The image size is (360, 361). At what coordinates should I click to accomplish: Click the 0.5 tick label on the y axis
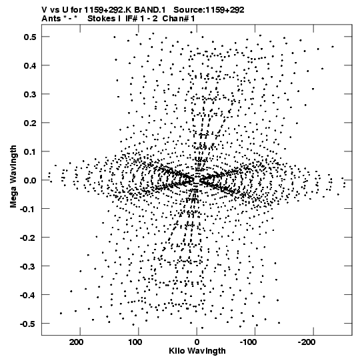coord(30,37)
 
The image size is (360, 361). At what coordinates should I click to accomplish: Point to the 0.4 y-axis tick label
coord(30,65)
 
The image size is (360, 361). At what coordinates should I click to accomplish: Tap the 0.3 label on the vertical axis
coord(30,94)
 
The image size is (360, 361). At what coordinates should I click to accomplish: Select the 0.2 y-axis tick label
coord(30,123)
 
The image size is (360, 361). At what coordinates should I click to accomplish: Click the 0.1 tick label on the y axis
coord(30,151)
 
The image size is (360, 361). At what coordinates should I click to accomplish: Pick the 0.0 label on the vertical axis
coord(30,180)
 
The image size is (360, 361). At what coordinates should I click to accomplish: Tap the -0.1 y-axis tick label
coord(28,209)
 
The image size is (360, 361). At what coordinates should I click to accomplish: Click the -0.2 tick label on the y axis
coord(28,238)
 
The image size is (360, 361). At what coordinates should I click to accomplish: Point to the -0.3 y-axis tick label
coord(28,266)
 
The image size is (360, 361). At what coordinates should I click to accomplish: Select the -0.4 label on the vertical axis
coord(28,295)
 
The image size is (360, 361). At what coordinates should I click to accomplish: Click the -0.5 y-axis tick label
coord(28,324)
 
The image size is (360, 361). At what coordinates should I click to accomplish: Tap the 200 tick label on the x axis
coord(77,342)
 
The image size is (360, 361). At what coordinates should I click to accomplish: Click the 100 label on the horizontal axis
coord(135,342)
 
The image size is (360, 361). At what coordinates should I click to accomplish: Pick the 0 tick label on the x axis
coord(197,342)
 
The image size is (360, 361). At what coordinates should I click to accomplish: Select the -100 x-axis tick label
coord(248,342)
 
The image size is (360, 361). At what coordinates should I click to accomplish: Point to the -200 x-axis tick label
coord(307,342)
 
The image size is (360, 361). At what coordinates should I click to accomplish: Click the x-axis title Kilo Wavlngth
coord(197,351)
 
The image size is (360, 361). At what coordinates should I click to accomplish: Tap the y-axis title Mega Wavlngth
coord(13,177)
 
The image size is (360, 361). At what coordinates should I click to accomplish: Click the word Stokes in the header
coord(103,19)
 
